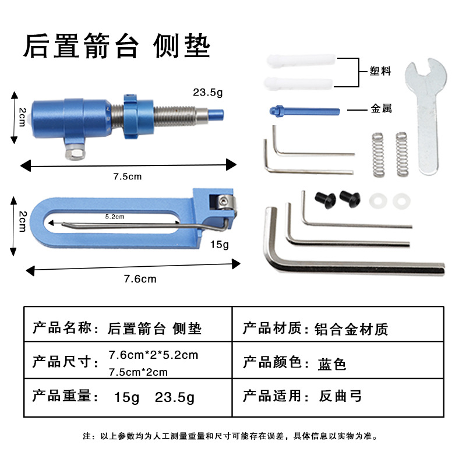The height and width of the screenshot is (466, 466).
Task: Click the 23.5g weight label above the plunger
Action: [x=208, y=93]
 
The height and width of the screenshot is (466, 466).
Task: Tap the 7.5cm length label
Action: [x=128, y=176]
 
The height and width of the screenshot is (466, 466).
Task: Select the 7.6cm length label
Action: [x=140, y=279]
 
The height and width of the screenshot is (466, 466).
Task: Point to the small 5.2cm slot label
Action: [x=115, y=217]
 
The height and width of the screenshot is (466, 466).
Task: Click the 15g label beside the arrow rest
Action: [x=220, y=245]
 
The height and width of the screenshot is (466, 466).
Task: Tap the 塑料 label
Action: [x=380, y=71]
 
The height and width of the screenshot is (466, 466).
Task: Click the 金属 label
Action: [x=381, y=108]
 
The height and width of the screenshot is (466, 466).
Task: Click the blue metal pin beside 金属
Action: [x=305, y=111]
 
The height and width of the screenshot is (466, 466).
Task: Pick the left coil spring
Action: [x=378, y=155]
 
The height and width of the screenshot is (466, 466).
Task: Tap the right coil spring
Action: [x=401, y=154]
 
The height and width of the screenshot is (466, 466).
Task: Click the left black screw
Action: [x=325, y=200]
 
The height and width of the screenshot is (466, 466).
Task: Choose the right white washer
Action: [x=401, y=201]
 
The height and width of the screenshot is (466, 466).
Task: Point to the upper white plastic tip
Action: [x=301, y=61]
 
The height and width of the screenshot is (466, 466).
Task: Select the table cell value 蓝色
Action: [x=332, y=364]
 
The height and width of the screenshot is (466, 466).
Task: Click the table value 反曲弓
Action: [x=340, y=396]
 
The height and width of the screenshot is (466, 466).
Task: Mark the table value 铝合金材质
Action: [x=351, y=329]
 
